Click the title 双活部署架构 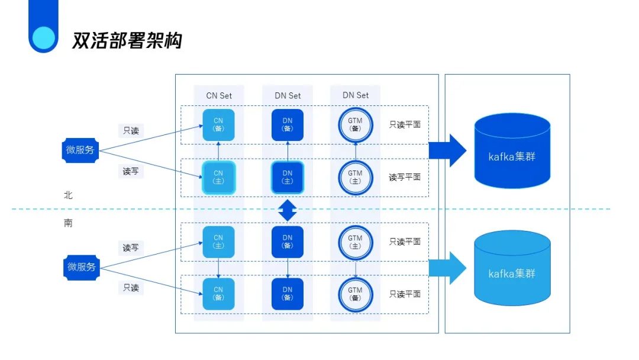tap(127, 40)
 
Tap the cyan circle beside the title tap(43, 37)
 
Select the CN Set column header tap(219, 95)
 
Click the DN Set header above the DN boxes tap(288, 95)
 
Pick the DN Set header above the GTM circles tap(355, 95)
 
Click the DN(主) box tap(288, 177)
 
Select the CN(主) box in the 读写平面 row tap(219, 177)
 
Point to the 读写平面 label tap(405, 177)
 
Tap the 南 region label tap(68, 224)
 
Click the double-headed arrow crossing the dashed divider tap(288, 210)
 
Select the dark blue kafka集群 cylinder tap(512, 151)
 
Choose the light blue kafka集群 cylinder tap(512, 268)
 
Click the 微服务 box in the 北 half tap(80, 150)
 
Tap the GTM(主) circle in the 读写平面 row tap(355, 177)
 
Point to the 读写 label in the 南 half tap(131, 247)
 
